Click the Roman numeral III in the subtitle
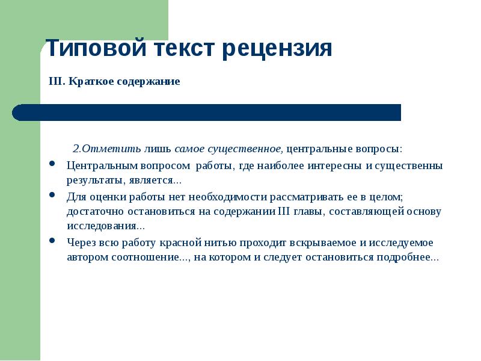[57, 81]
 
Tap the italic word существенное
[246, 149]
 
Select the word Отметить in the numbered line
[112, 149]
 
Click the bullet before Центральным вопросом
[52, 164]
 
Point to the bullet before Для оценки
[52, 195]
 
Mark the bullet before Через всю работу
[52, 241]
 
